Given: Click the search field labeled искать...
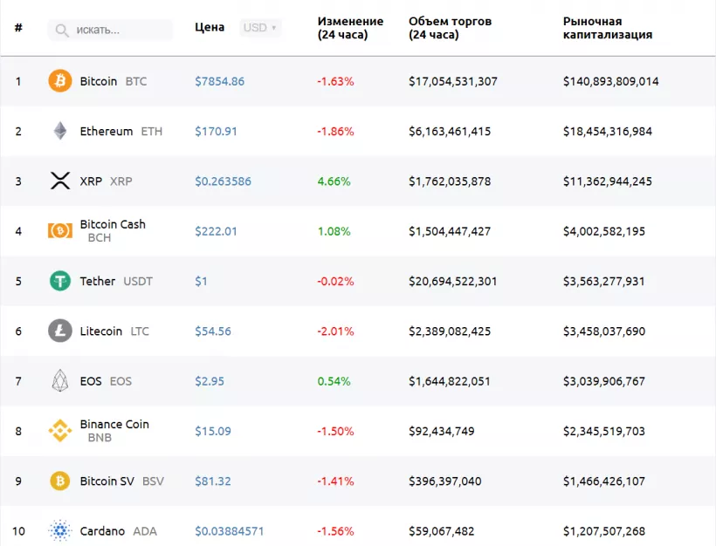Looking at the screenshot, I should click(x=110, y=30).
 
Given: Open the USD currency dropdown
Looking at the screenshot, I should click(x=259, y=28).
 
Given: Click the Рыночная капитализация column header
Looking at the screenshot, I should click(x=607, y=28).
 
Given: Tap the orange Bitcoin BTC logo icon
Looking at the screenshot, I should click(x=60, y=81).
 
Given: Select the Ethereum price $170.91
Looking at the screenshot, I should click(x=216, y=132).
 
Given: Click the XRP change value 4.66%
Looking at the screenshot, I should click(x=334, y=181).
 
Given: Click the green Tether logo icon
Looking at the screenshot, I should click(x=60, y=281).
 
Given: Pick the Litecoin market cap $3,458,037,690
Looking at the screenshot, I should click(x=604, y=331).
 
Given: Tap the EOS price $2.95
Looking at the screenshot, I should click(x=210, y=381).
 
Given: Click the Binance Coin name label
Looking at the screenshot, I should click(x=114, y=424).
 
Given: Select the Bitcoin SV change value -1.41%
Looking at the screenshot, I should click(x=335, y=481).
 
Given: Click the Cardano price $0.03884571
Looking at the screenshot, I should click(x=229, y=531).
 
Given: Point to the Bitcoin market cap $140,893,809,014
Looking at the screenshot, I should click(x=610, y=81).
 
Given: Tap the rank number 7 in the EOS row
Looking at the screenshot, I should click(x=18, y=381).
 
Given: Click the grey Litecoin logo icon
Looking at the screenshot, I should click(x=60, y=331).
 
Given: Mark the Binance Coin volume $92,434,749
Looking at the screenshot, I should click(x=442, y=431).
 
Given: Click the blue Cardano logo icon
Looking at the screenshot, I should click(x=60, y=531).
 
